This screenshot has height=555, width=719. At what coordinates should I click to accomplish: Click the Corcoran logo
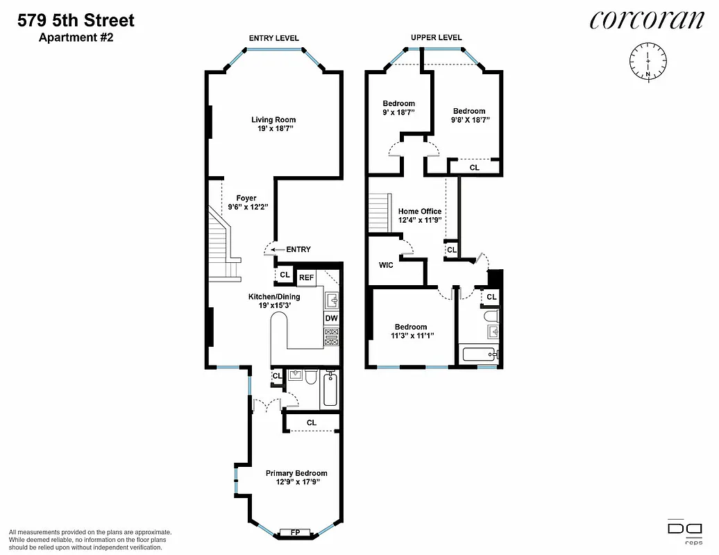tap(646, 20)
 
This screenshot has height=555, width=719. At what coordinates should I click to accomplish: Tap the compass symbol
tap(648, 62)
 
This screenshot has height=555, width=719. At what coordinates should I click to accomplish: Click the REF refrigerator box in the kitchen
tap(307, 278)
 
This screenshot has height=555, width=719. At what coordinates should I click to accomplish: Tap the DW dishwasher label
tap(332, 318)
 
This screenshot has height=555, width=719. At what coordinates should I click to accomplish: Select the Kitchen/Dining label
tap(274, 297)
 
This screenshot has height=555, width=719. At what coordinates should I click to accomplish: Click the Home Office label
tap(419, 212)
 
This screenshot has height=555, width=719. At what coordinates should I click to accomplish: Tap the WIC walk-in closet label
tap(387, 265)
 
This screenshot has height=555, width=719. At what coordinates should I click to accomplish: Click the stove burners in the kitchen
tap(332, 337)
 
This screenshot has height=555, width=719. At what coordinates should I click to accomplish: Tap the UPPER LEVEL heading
tap(437, 37)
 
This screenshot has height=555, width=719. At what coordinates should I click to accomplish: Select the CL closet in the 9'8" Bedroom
tap(474, 167)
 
